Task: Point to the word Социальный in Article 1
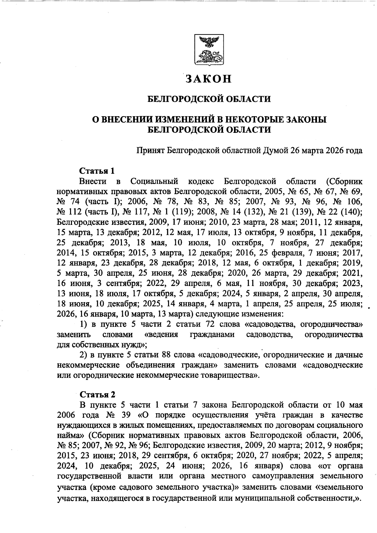point(155,182)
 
